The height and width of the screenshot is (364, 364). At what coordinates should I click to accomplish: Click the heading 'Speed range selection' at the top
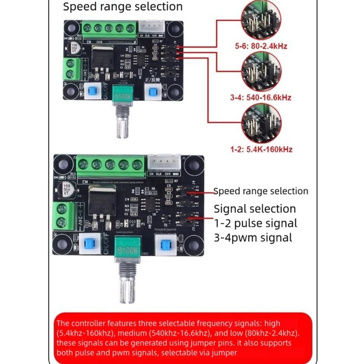(x=122, y=7)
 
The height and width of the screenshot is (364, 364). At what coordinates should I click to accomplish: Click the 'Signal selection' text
(x=255, y=209)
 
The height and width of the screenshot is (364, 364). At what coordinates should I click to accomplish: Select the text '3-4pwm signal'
(x=253, y=238)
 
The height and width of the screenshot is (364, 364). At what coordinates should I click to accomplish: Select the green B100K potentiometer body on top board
(x=123, y=97)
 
